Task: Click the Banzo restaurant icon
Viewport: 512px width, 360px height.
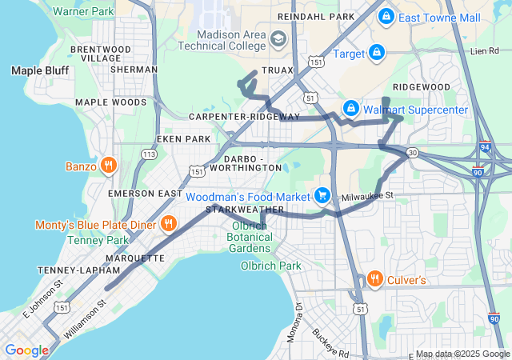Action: (109, 166)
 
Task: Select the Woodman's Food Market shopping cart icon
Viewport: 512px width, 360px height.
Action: (322, 195)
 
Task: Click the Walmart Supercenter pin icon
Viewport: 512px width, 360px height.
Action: (350, 108)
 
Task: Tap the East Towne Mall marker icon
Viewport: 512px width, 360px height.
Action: (386, 16)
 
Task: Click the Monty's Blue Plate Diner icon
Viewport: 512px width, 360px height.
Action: (168, 223)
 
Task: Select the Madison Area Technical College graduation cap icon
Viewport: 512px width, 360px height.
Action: (278, 39)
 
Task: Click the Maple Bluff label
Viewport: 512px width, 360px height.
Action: (39, 70)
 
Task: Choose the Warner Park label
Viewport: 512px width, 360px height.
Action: (82, 12)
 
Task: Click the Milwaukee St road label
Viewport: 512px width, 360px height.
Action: (367, 195)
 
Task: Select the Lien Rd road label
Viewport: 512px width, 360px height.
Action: (484, 51)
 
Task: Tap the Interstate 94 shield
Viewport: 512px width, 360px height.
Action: (486, 149)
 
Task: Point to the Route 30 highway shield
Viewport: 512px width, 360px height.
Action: (411, 151)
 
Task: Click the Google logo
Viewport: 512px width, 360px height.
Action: (26, 350)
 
